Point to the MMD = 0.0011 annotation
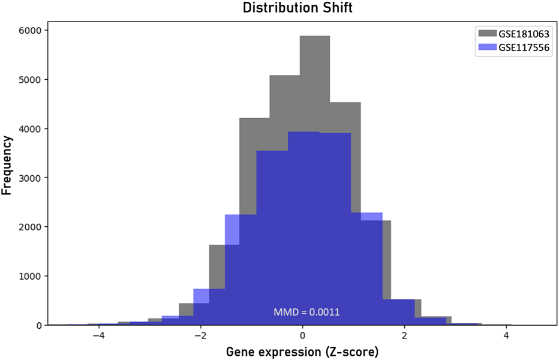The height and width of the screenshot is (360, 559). (x=302, y=312)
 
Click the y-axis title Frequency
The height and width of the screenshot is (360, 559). (x=8, y=165)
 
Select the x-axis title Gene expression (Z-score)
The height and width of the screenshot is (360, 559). (x=302, y=351)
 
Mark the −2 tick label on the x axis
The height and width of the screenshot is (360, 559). (x=200, y=335)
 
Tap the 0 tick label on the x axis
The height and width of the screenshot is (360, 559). (x=303, y=335)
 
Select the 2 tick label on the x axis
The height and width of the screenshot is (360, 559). (x=405, y=335)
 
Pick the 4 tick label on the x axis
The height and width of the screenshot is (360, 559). (x=506, y=335)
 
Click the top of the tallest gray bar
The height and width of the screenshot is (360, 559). (x=315, y=36)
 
